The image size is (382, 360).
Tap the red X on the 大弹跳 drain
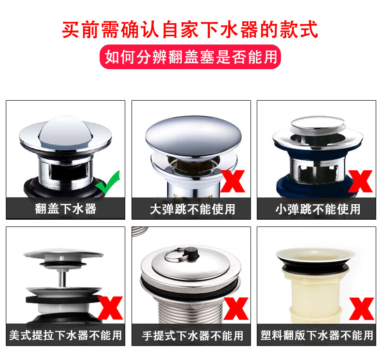(x=233, y=181)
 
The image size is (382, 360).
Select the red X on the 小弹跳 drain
(x=360, y=181)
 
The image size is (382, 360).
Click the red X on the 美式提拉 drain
(x=110, y=308)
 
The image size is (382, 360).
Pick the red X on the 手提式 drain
(x=235, y=309)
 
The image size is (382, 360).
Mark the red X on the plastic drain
(x=361, y=309)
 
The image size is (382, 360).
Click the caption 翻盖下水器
(x=66, y=209)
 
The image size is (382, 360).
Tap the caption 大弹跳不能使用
(x=192, y=209)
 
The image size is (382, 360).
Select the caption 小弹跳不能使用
(x=318, y=209)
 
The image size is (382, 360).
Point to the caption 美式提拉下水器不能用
(x=66, y=335)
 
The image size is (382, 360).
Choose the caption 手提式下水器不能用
(x=192, y=336)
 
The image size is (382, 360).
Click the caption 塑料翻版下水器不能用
(x=317, y=335)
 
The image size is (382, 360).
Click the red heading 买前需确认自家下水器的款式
(x=190, y=30)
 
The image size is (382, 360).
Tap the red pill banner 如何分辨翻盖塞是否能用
(x=190, y=57)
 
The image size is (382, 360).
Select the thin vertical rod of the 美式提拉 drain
(x=62, y=278)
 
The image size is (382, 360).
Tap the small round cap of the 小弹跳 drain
(x=318, y=123)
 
